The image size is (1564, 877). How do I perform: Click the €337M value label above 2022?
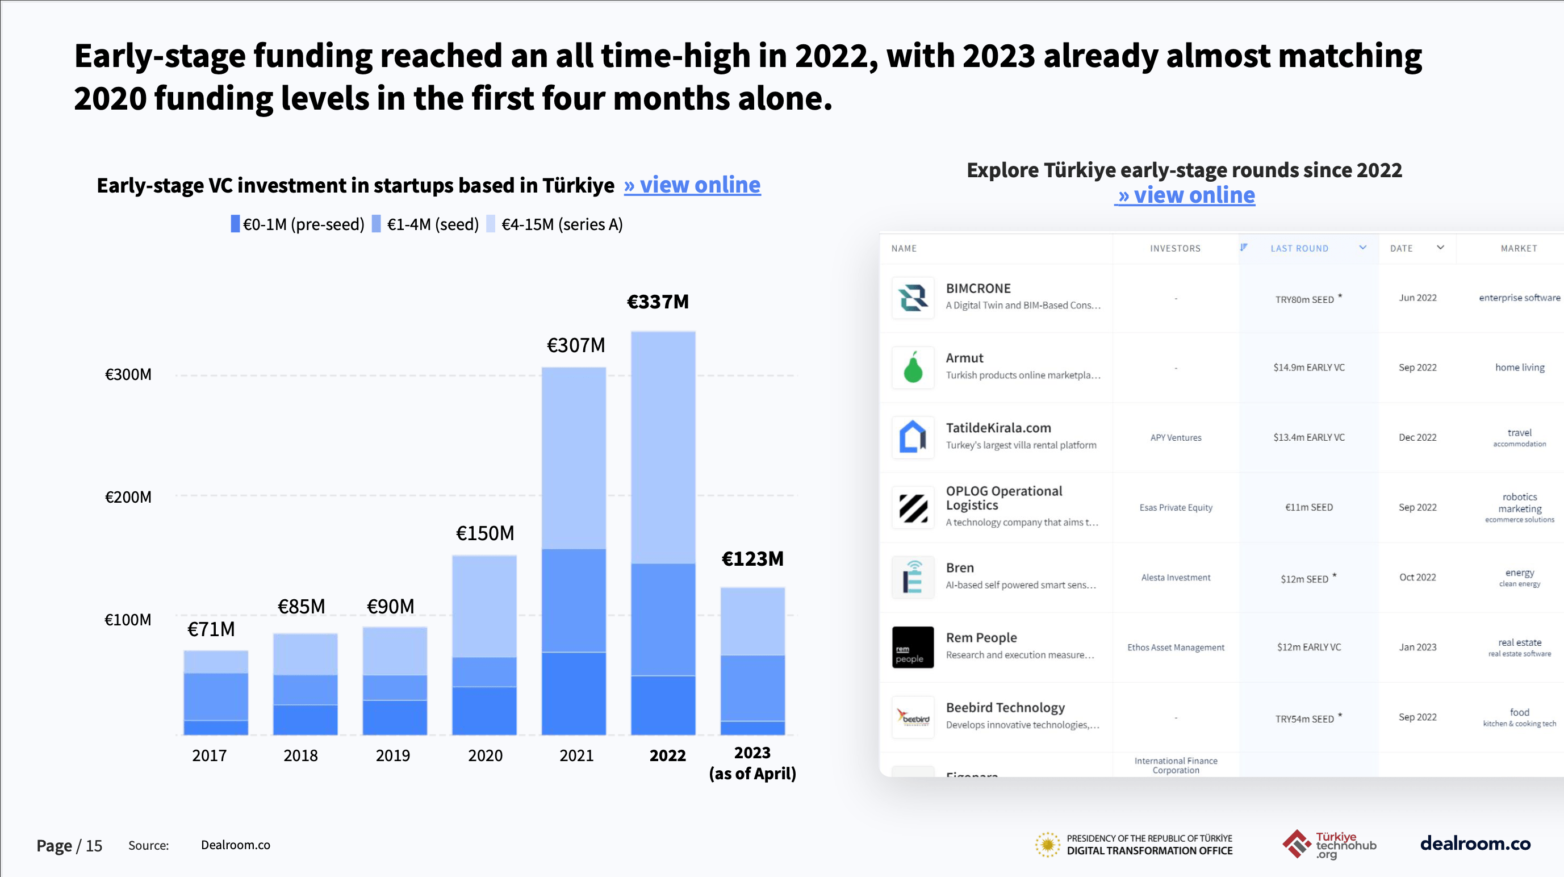pyautogui.click(x=658, y=302)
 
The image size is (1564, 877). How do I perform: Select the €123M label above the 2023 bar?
pyautogui.click(x=752, y=559)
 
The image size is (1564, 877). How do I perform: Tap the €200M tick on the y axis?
pyautogui.click(x=128, y=498)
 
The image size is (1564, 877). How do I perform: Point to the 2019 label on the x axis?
pyautogui.click(x=393, y=755)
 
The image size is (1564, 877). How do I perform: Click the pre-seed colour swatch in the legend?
pyautogui.click(x=235, y=224)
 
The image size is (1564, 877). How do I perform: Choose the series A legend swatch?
pyautogui.click(x=491, y=224)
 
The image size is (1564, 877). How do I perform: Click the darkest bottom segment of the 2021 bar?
pyautogui.click(x=573, y=693)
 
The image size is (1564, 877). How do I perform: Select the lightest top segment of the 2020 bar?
pyautogui.click(x=484, y=605)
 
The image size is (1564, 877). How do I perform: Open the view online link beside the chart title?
pyautogui.click(x=692, y=185)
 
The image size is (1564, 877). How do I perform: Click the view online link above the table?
pyautogui.click(x=1185, y=195)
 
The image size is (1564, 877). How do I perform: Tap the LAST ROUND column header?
pyautogui.click(x=1299, y=248)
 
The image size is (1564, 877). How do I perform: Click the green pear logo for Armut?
pyautogui.click(x=913, y=367)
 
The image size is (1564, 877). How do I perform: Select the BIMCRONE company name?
pyautogui.click(x=978, y=289)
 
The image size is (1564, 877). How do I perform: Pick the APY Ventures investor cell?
pyautogui.click(x=1176, y=437)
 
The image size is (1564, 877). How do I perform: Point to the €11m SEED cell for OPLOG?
pyautogui.click(x=1308, y=507)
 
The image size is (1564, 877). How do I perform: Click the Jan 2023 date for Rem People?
pyautogui.click(x=1417, y=647)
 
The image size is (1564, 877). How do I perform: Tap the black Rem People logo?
pyautogui.click(x=913, y=647)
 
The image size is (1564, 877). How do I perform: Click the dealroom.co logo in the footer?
pyautogui.click(x=1475, y=843)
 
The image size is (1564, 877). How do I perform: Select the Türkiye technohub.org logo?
pyautogui.click(x=1329, y=844)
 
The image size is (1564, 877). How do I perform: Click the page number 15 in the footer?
pyautogui.click(x=94, y=845)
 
